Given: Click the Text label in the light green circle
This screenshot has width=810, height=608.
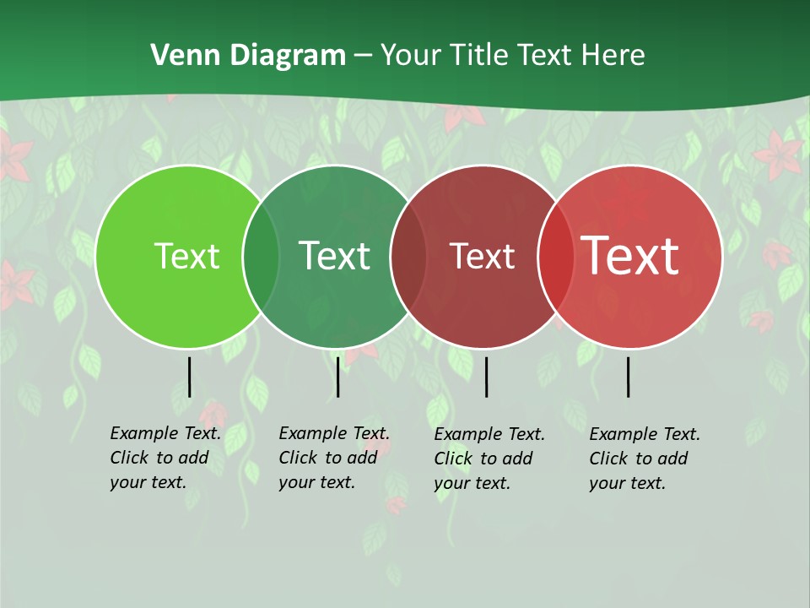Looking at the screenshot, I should click(186, 256).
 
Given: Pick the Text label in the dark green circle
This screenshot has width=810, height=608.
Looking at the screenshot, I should click(334, 256).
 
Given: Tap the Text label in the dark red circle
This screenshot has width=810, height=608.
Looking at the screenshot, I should click(482, 256).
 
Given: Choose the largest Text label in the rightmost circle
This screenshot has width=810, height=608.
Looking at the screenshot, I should click(630, 256).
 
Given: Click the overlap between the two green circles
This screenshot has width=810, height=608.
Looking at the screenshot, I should click(261, 256).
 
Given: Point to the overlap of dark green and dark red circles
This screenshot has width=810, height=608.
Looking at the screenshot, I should click(408, 256).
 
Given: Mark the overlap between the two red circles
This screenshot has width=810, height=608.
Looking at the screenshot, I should click(555, 256).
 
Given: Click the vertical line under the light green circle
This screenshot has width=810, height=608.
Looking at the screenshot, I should click(189, 377).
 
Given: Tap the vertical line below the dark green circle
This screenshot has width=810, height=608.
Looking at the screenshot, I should click(337, 377).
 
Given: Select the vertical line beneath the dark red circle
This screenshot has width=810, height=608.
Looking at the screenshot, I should click(486, 377).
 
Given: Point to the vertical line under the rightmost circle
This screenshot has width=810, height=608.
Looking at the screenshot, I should click(628, 377).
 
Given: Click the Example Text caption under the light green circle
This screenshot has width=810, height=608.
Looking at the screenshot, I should click(165, 458).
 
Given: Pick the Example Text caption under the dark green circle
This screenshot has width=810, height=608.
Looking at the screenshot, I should click(334, 458).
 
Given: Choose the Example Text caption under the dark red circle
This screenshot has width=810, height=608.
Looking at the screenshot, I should click(489, 459).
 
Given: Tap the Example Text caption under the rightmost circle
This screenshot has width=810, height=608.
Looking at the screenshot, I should click(645, 459).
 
